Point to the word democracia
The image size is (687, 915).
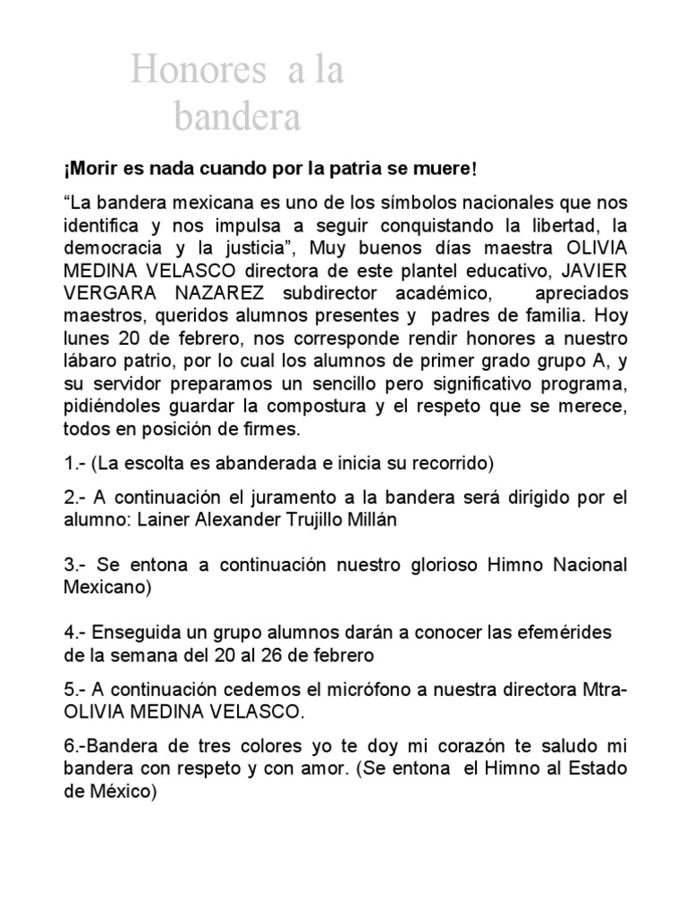(110, 248)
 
